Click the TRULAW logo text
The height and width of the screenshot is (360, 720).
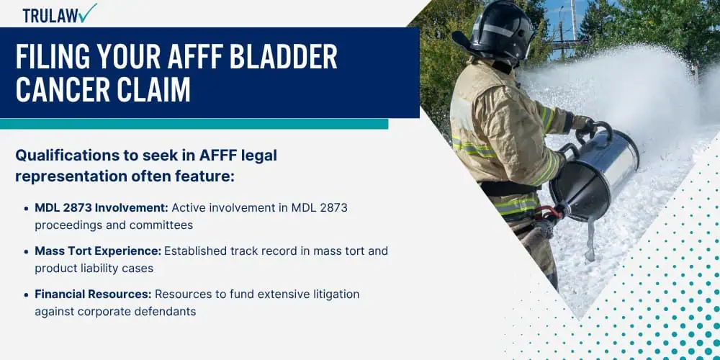50,15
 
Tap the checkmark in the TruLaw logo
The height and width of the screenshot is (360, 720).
88,13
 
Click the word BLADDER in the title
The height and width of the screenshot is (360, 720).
283,58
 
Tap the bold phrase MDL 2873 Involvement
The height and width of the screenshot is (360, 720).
102,208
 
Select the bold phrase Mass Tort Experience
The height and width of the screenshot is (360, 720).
98,251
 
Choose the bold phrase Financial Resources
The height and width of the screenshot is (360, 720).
93,294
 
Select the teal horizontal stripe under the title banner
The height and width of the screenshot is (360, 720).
194,124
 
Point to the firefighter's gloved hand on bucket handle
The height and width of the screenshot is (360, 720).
586,127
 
